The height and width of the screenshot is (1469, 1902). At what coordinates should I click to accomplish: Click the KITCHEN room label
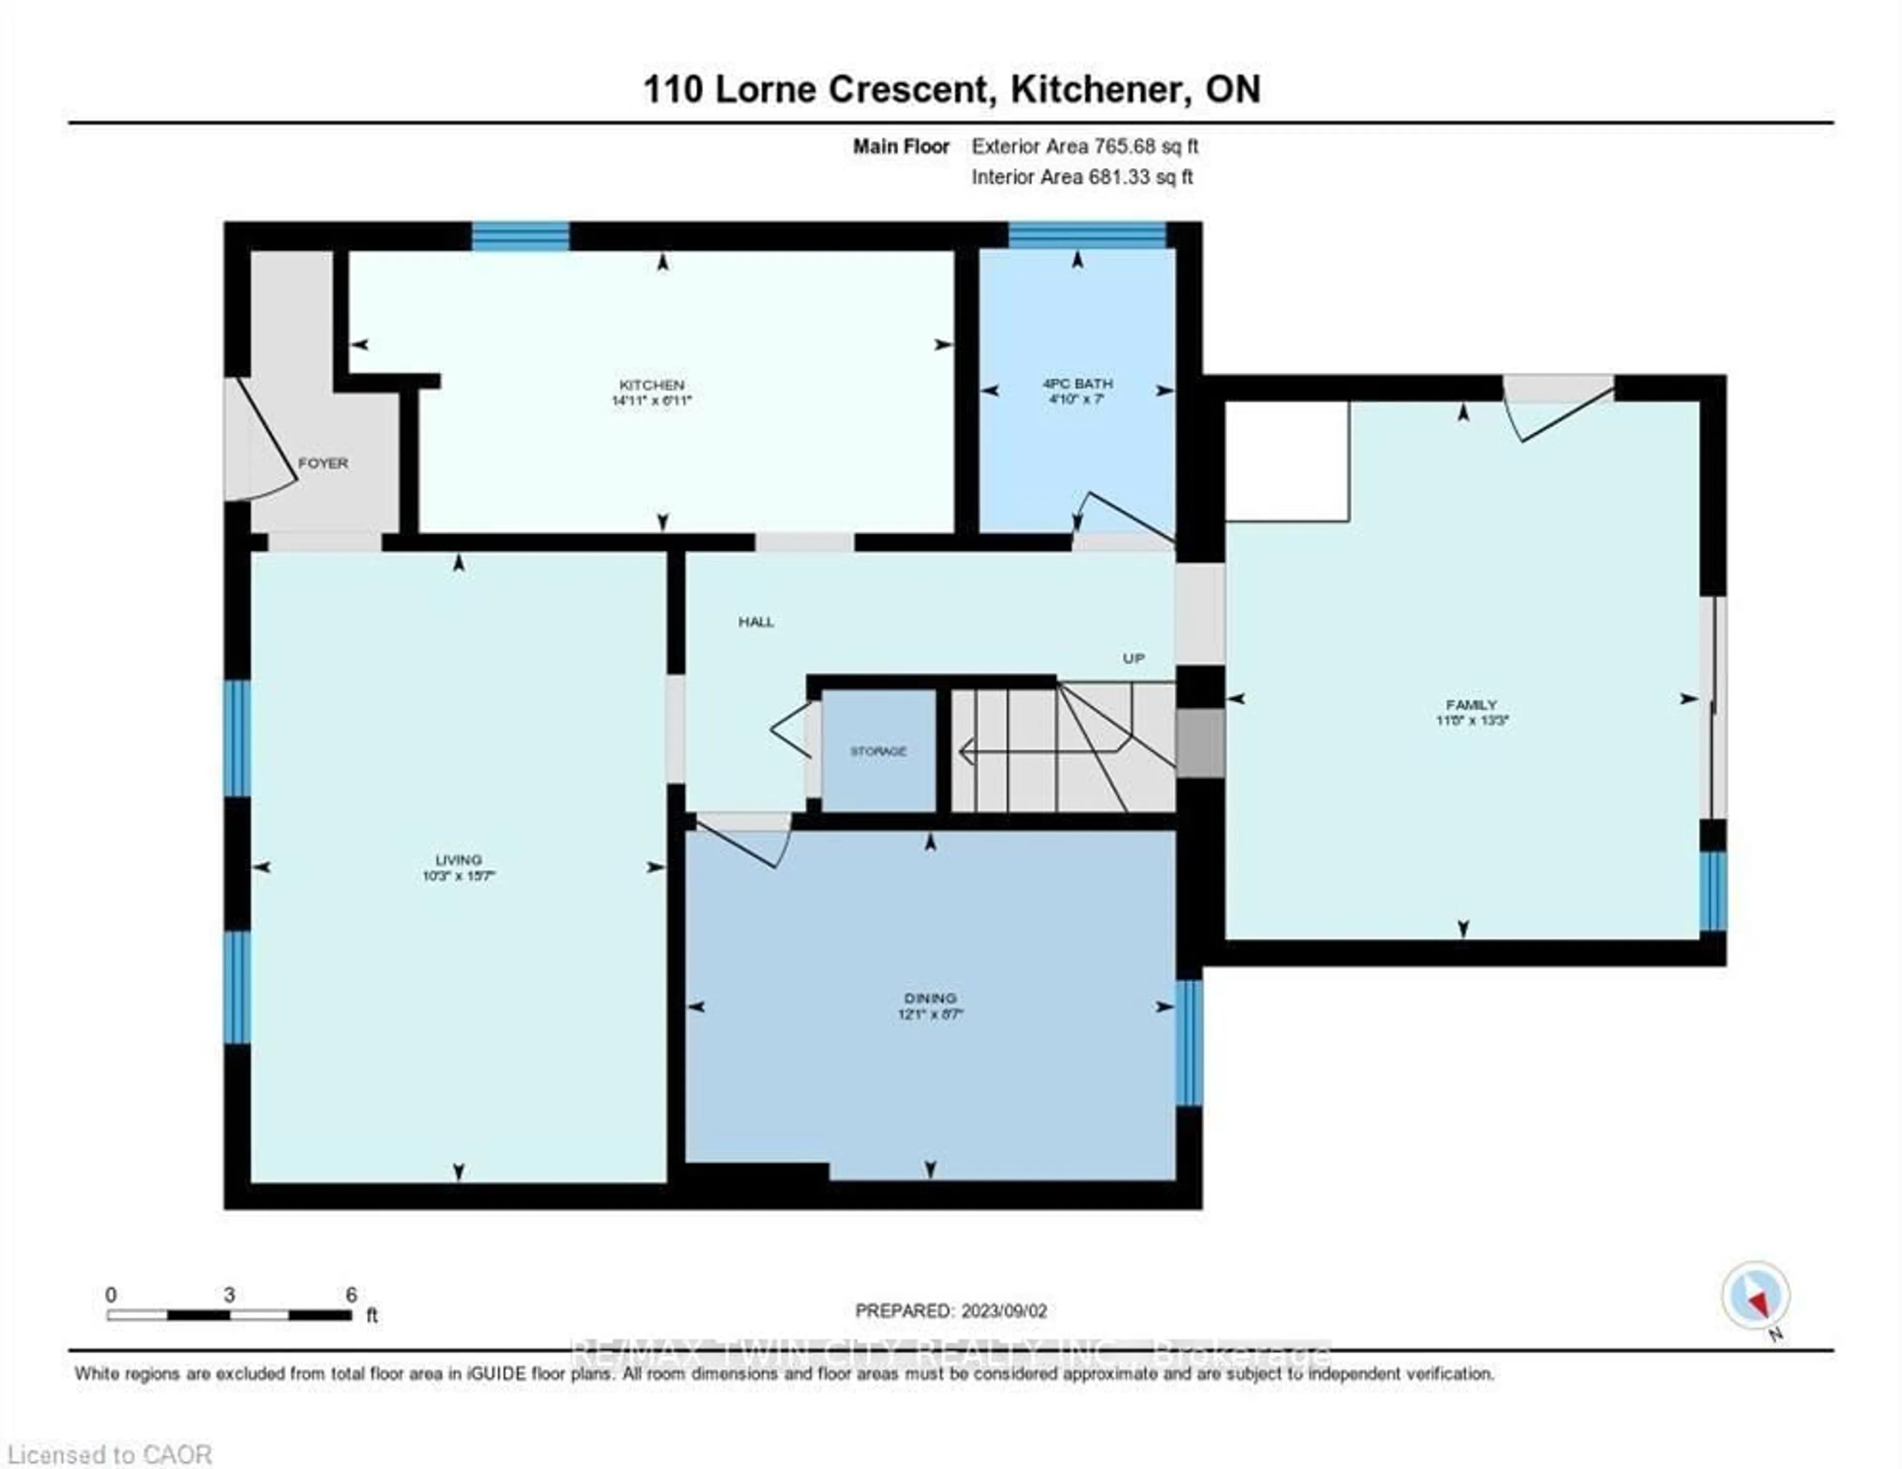coord(651,385)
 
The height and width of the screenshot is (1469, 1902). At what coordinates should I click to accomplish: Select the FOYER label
coord(323,463)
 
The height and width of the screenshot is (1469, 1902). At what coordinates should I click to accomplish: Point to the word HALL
coord(756,622)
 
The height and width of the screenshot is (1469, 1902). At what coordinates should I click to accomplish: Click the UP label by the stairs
coord(1133,659)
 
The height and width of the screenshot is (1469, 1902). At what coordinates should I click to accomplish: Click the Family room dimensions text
coord(1471,720)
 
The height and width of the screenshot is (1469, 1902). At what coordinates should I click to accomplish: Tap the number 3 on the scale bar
coord(229,1295)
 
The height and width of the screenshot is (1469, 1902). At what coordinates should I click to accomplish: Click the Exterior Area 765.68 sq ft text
coord(1084,146)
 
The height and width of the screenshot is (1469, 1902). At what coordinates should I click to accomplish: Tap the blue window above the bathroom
coord(1086,236)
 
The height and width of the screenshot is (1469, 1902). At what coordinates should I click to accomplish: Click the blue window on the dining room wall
coord(1189,1042)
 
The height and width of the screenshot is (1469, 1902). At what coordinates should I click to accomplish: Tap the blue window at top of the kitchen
coord(520,236)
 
